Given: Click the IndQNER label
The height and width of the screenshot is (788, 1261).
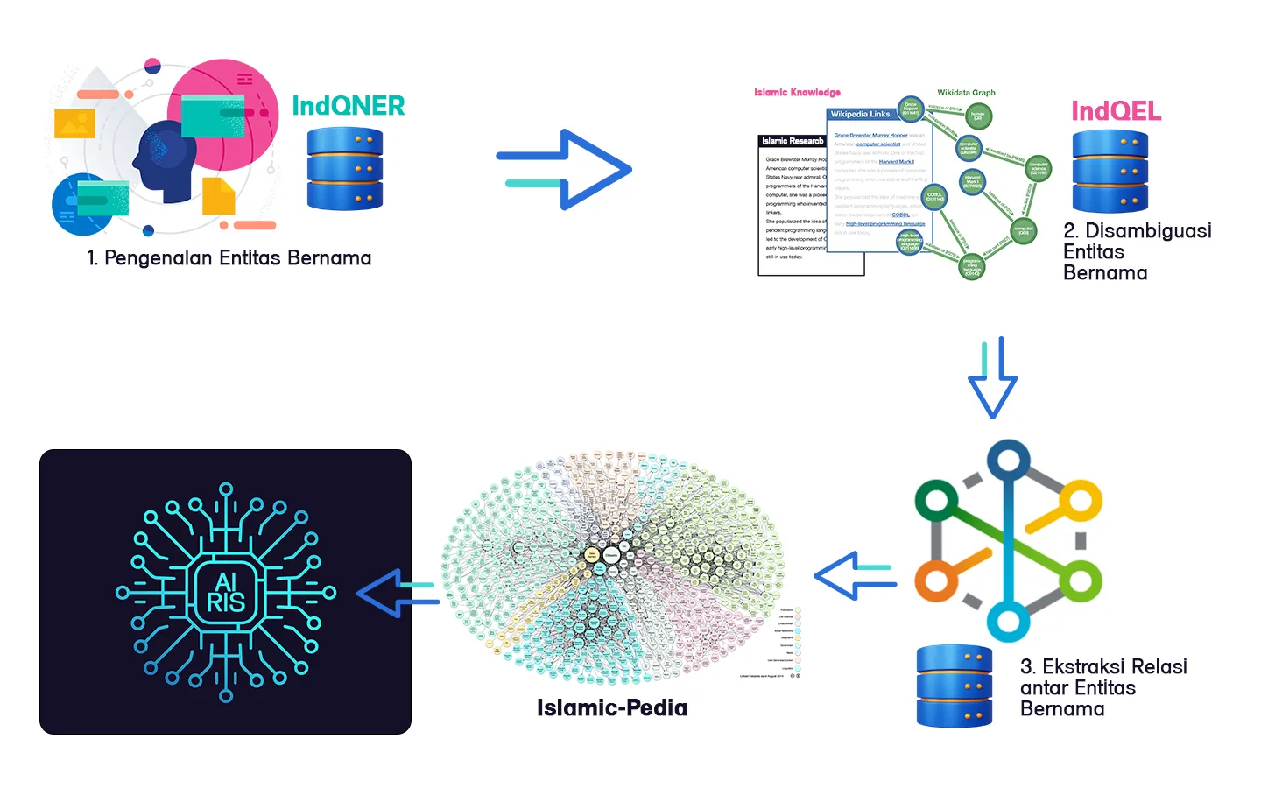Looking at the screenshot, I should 348,106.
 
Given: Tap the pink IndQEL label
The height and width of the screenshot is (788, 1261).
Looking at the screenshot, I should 1116,111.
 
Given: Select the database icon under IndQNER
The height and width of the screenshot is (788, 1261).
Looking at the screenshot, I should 345,169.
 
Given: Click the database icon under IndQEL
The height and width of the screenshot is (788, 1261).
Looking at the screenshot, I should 1110,172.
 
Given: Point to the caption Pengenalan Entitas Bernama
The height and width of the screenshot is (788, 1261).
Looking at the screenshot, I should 229,258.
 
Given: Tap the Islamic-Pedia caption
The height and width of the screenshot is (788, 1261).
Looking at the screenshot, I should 611,707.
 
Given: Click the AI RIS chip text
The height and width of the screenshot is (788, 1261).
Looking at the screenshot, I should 225,593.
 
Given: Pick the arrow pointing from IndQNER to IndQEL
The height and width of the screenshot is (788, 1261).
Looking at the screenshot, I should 565,169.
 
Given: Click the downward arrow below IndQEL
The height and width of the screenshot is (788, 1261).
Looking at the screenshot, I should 992,377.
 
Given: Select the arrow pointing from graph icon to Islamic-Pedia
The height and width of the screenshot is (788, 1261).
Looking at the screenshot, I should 855,576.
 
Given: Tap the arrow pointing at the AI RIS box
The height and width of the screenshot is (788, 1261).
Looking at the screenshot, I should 398,593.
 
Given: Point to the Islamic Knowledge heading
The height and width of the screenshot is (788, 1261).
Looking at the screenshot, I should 797,92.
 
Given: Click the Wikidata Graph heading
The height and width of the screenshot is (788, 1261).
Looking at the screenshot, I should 966,92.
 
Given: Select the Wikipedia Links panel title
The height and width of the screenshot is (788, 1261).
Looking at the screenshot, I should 860,114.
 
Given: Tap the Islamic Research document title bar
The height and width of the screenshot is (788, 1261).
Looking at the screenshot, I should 793,141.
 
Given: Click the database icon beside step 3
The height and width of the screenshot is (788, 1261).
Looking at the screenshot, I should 955,686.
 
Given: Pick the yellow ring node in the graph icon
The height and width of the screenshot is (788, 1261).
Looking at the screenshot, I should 1081,503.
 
